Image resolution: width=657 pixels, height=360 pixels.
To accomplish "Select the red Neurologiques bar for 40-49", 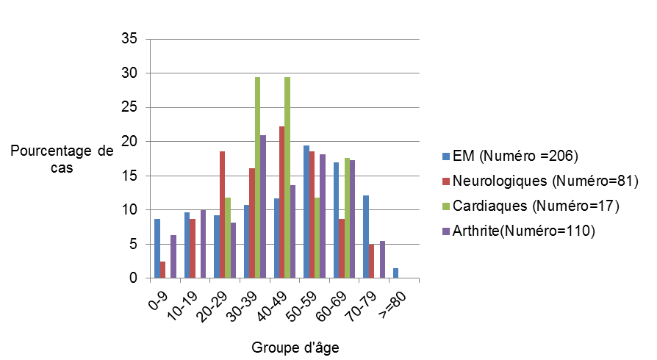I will tap(281, 202).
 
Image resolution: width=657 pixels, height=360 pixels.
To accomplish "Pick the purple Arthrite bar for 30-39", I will tap(263, 206).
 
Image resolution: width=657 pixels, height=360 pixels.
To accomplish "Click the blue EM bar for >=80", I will tap(395, 273).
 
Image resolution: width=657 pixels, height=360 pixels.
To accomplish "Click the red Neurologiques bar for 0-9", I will tap(162, 270).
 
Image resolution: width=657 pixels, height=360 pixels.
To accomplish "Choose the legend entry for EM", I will tap(514, 156).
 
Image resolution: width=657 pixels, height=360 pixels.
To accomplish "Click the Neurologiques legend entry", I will tap(544, 181).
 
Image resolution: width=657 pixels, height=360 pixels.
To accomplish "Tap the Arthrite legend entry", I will tap(524, 231).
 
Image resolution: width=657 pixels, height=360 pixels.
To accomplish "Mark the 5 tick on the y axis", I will tap(132, 244).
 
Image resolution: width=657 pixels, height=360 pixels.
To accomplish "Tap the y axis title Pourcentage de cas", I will tap(62, 159).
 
